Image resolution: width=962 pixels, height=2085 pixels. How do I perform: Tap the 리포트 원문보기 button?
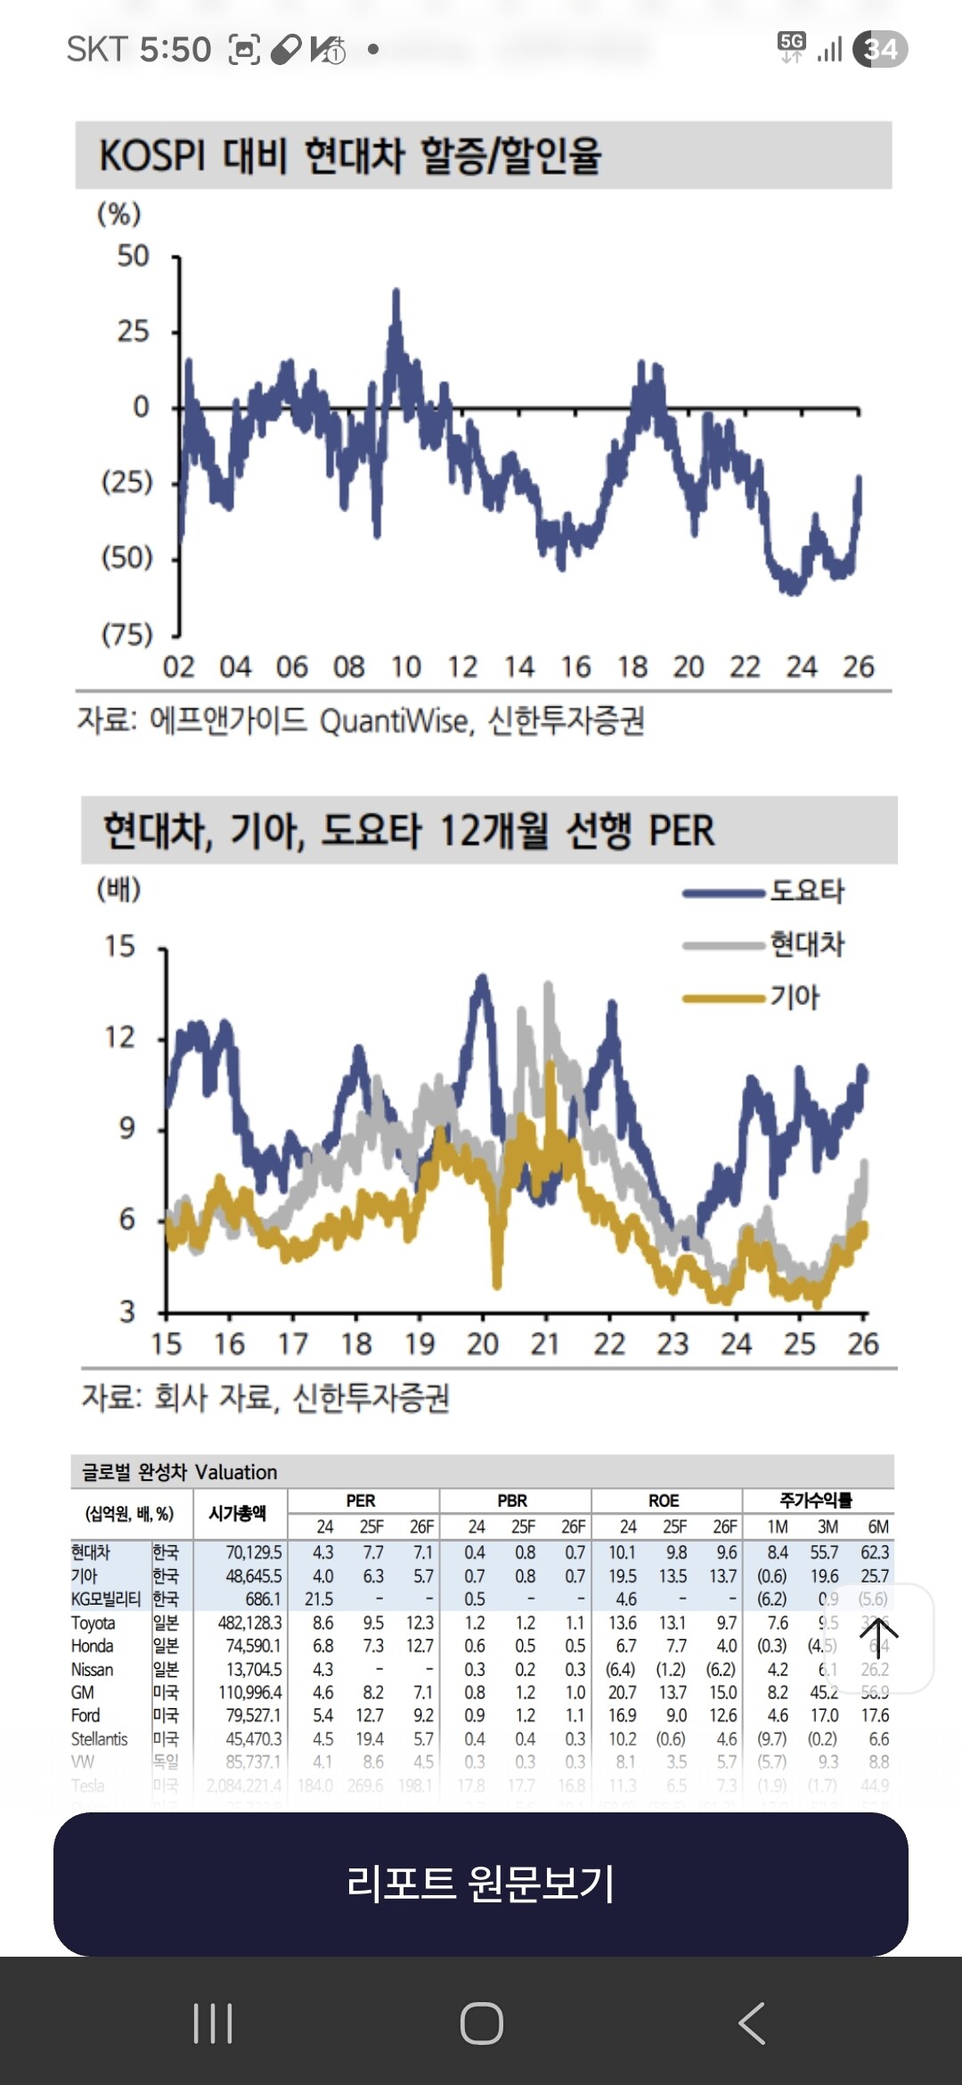pyautogui.click(x=481, y=1884)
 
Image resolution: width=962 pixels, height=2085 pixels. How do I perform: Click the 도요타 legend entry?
pyautogui.click(x=806, y=891)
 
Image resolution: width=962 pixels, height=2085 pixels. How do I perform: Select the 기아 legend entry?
pyautogui.click(x=795, y=997)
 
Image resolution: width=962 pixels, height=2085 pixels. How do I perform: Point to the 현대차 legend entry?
pyautogui.click(x=806, y=944)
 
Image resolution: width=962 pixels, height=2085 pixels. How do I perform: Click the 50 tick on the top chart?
pyautogui.click(x=134, y=257)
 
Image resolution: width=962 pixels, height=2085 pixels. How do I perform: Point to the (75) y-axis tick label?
pyautogui.click(x=127, y=634)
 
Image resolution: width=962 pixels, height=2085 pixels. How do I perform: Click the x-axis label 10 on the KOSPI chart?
pyautogui.click(x=405, y=667)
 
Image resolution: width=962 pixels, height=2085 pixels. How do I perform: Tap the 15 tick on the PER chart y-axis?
pyautogui.click(x=120, y=945)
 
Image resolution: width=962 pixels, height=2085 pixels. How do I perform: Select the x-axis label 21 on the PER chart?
pyautogui.click(x=545, y=1344)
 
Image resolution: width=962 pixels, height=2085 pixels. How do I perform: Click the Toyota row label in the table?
pyautogui.click(x=94, y=1623)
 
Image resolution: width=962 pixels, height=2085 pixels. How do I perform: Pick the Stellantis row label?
pyautogui.click(x=100, y=1738)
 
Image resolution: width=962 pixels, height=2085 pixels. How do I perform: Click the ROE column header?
pyautogui.click(x=664, y=1500)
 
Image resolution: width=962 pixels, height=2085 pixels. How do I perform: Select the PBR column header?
pyautogui.click(x=512, y=1500)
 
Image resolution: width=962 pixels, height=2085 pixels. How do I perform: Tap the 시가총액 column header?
pyautogui.click(x=237, y=1513)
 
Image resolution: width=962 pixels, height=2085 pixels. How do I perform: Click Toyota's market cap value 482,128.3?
pyautogui.click(x=249, y=1623)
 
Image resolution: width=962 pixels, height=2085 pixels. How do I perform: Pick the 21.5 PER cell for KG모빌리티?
pyautogui.click(x=319, y=1599)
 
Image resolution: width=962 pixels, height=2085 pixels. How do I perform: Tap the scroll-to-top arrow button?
pyautogui.click(x=878, y=1638)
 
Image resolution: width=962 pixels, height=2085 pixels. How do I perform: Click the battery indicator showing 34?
pyautogui.click(x=880, y=49)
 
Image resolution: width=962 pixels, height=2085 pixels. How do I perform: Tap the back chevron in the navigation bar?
pyautogui.click(x=752, y=2023)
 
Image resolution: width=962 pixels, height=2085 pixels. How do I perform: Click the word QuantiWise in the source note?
pyautogui.click(x=394, y=721)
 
